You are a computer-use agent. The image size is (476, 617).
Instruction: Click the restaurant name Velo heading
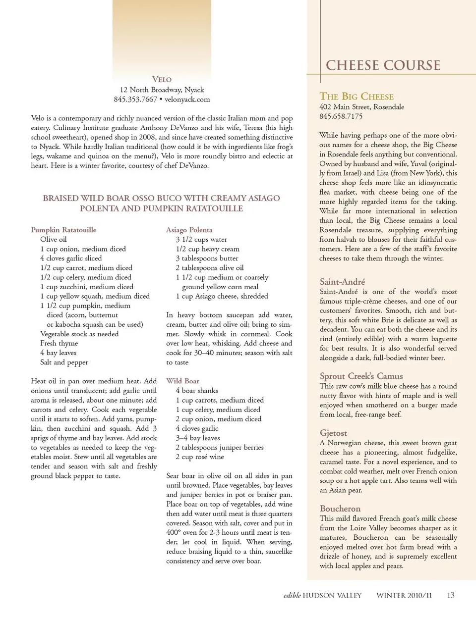coord(162,79)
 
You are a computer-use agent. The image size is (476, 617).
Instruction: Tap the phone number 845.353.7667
coord(135,99)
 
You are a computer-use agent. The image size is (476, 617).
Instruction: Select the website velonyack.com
coord(187,99)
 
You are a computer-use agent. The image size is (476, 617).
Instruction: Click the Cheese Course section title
coord(383,65)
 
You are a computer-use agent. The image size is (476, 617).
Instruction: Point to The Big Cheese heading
coord(357,96)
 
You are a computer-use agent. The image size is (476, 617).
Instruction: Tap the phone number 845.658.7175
coord(341,116)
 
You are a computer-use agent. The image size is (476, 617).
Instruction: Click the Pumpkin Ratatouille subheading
coord(63,230)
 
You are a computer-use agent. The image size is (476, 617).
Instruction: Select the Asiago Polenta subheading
coord(189,230)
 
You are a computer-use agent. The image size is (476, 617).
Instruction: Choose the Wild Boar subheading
coord(182,381)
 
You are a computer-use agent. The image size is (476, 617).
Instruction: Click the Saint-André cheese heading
coord(342,281)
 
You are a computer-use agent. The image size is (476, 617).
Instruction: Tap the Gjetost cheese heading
coord(333,433)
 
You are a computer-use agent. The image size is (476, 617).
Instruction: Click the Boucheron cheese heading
coord(340,509)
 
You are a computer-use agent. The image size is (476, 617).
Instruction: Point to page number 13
coord(450,595)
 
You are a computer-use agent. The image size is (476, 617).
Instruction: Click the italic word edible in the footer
coord(292,595)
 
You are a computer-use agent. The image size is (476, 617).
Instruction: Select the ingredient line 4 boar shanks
coord(197,390)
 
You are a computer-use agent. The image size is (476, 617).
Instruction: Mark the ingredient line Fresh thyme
coord(59,343)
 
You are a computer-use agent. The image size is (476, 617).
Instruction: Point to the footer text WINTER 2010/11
coord(404,595)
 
